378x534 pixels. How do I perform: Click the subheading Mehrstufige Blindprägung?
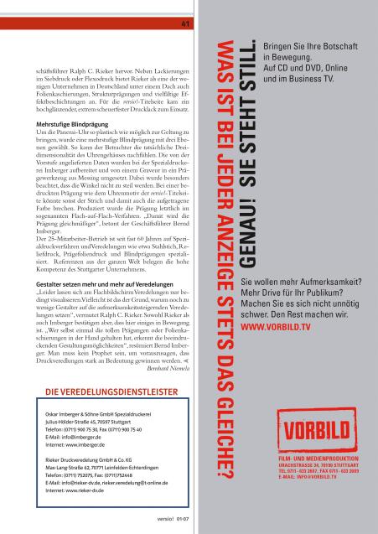(x=63, y=125)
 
